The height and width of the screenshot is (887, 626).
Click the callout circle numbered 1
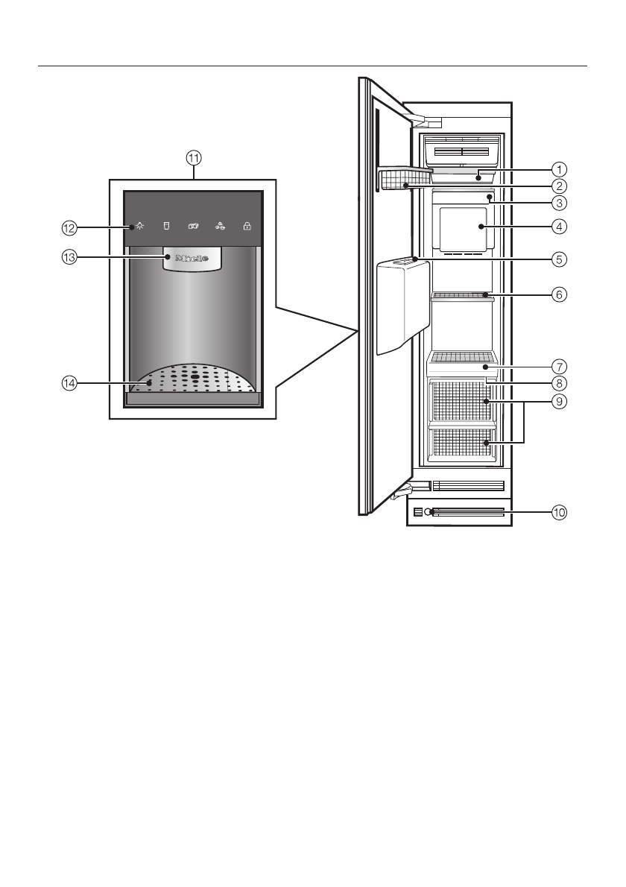(559, 169)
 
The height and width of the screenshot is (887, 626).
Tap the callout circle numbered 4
(559, 226)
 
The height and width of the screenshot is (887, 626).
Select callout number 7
(559, 367)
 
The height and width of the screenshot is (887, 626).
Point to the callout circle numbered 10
(559, 512)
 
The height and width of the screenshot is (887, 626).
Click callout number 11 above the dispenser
(194, 157)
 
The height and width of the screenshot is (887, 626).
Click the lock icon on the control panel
(247, 226)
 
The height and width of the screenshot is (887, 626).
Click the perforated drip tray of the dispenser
(194, 378)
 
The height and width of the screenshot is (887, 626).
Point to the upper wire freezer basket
(461, 400)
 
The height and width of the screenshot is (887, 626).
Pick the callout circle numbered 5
(559, 259)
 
